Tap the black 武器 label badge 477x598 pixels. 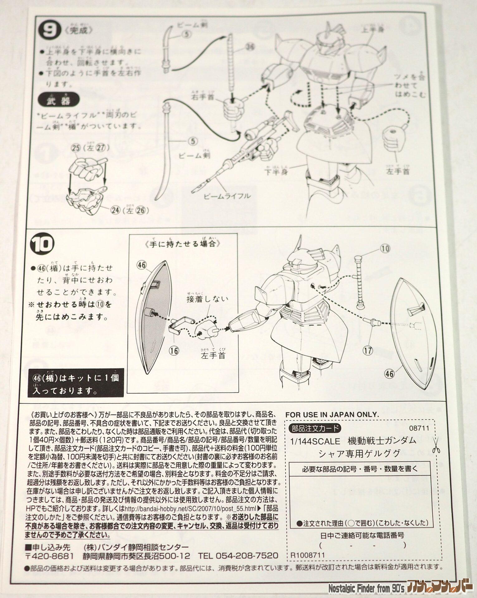58,101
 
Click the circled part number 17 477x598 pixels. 368,350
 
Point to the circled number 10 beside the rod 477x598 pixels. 385,248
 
